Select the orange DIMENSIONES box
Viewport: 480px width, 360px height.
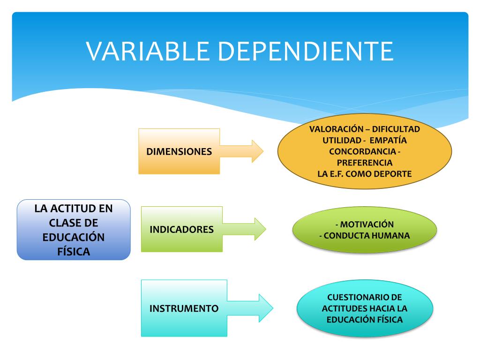pos(179,151)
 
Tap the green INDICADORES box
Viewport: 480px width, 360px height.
pos(182,229)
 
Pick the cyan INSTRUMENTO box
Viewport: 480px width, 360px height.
pos(184,308)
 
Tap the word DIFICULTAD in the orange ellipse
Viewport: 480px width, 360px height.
pos(396,129)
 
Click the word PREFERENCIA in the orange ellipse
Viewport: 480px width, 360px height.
pos(365,163)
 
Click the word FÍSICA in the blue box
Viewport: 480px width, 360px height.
pos(74,251)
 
